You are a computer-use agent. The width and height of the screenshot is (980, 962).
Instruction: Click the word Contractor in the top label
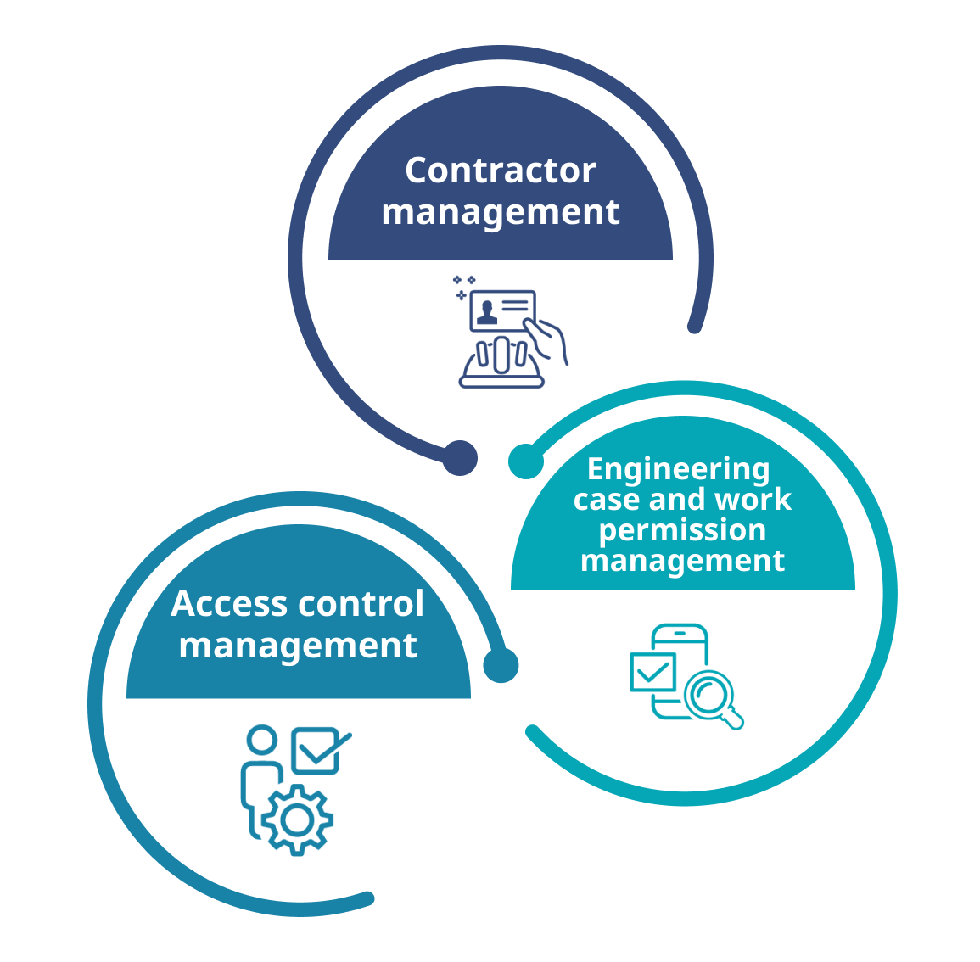500,171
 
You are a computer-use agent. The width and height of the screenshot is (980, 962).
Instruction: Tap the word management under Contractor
500,212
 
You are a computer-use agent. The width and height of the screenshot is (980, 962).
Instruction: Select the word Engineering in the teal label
678,469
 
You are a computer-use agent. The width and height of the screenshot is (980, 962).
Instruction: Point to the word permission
682,530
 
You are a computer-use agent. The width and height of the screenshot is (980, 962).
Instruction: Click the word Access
228,604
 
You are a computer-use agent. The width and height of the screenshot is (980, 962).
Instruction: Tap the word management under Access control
298,646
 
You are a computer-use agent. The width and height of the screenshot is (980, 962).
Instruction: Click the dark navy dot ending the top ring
460,458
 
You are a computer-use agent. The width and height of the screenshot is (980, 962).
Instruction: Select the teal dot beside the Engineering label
526,461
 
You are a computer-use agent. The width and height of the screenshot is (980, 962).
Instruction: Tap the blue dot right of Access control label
501,665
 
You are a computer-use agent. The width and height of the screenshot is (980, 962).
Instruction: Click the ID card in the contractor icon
502,310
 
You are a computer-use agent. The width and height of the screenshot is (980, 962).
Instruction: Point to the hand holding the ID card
548,339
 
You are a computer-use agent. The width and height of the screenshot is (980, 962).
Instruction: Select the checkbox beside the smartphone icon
652,673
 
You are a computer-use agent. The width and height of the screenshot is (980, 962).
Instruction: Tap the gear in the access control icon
297,819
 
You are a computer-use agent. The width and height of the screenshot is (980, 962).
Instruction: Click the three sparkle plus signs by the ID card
463,286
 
